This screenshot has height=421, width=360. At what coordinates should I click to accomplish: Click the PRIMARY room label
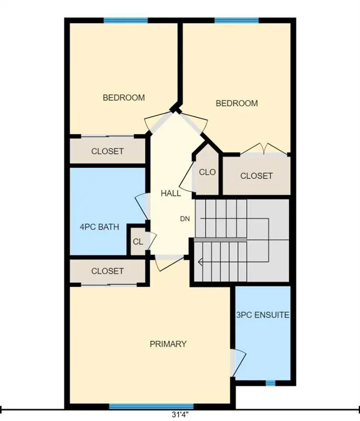(168, 344)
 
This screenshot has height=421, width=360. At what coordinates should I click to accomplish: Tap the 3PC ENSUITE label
(263, 315)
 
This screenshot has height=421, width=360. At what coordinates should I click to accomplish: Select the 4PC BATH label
(99, 227)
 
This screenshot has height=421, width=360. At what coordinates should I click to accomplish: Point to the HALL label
(171, 194)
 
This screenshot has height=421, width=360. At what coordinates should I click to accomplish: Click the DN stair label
(185, 219)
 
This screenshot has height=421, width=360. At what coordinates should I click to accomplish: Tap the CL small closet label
(138, 242)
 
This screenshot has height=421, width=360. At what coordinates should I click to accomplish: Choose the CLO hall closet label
(207, 172)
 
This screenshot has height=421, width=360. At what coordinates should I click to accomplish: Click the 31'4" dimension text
(180, 414)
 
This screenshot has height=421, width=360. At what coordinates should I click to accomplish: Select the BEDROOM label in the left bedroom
(124, 98)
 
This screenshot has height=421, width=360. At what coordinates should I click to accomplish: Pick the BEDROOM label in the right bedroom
(237, 104)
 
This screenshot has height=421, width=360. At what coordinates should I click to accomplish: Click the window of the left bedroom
(126, 20)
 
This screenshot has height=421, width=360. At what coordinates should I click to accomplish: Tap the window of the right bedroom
(237, 20)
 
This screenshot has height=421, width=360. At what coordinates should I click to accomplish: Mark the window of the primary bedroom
(151, 406)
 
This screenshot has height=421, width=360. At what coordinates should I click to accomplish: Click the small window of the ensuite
(271, 383)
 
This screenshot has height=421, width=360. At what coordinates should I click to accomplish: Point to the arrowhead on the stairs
(200, 261)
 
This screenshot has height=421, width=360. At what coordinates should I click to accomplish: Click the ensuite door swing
(238, 363)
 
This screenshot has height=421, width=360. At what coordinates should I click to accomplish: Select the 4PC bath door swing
(141, 206)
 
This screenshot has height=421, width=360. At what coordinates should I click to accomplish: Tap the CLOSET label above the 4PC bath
(107, 151)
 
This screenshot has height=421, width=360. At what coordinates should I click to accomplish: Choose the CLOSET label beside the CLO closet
(256, 176)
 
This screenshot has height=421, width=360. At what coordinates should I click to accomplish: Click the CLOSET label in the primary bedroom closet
(107, 271)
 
